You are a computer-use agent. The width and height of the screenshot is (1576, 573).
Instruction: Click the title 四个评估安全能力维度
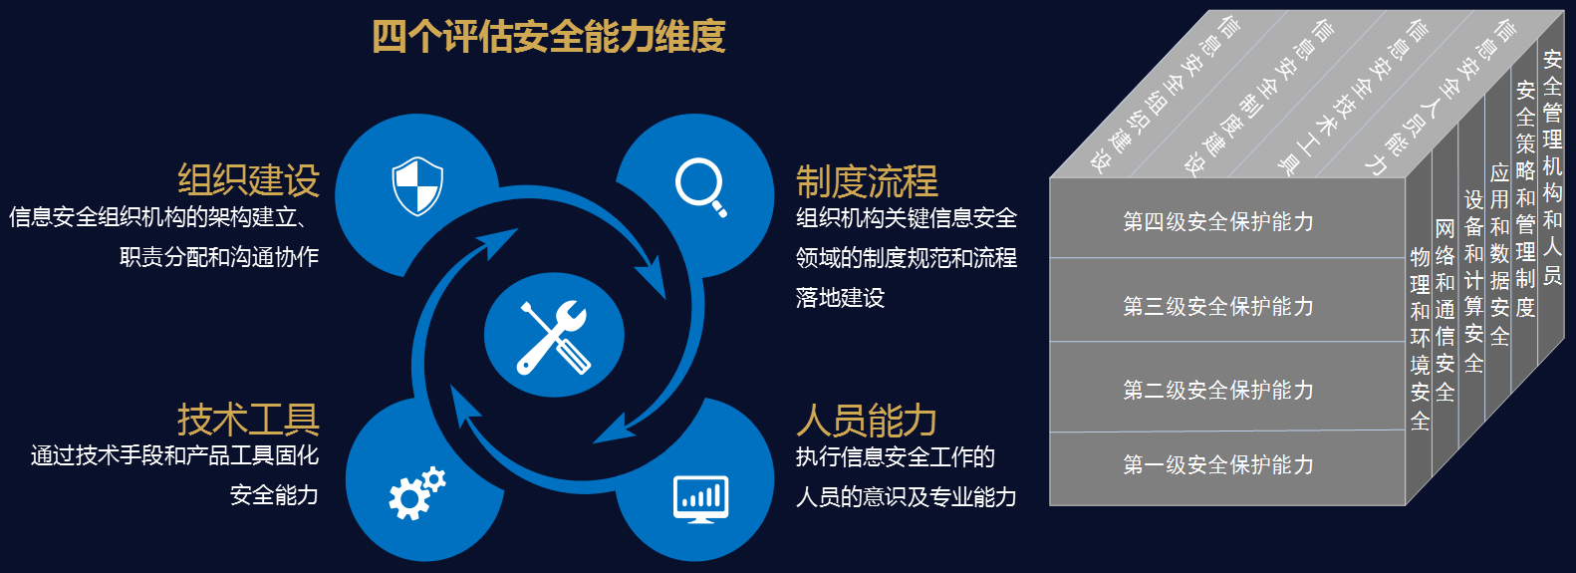click(548, 37)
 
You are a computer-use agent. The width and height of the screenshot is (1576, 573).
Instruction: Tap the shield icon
click(417, 185)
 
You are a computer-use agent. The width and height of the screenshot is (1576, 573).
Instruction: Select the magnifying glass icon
click(700, 187)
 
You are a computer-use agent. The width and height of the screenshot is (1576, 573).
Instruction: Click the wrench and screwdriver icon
click(554, 337)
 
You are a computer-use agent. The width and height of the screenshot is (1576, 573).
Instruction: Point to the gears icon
click(416, 492)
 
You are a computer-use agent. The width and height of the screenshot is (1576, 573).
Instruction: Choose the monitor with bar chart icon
click(700, 499)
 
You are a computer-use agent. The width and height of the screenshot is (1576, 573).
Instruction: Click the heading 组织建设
click(248, 180)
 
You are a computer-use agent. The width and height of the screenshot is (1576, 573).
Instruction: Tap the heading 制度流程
click(867, 181)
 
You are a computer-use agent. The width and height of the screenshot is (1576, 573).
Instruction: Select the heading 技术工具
click(248, 420)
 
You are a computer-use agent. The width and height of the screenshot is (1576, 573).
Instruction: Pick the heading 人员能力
click(867, 421)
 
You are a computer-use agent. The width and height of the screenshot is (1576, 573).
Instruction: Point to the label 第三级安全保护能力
click(1218, 306)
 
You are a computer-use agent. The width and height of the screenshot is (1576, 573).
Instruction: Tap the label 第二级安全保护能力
click(1218, 390)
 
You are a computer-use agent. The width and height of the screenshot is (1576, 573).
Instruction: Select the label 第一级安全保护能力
click(1218, 464)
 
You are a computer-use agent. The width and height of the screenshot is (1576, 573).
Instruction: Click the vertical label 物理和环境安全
click(1420, 339)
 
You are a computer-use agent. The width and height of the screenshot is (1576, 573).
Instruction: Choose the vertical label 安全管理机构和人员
click(1552, 166)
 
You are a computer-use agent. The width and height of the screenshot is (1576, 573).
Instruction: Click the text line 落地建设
click(840, 298)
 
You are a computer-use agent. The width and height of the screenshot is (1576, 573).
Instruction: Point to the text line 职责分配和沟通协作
click(219, 257)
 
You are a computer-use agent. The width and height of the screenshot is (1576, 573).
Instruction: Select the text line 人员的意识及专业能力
click(907, 497)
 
